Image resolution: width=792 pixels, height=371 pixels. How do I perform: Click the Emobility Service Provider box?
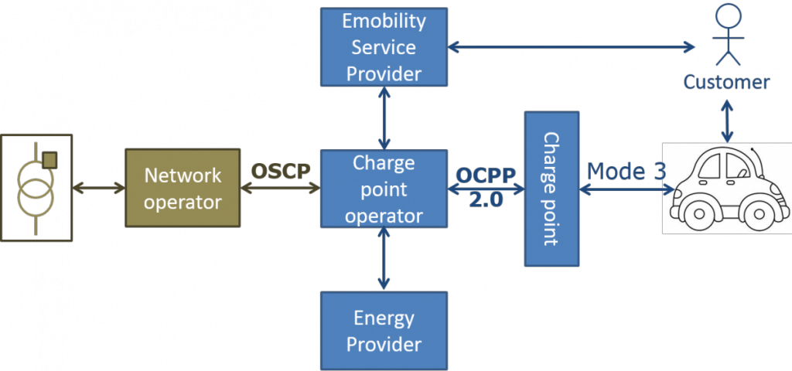384,46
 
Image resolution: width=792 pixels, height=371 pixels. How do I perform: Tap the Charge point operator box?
384,189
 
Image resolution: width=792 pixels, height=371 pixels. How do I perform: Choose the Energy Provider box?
384,330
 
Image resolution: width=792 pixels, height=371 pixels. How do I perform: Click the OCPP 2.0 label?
485,186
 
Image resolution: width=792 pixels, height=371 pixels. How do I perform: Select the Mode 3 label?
625,171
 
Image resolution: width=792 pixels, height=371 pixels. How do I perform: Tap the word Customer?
726,82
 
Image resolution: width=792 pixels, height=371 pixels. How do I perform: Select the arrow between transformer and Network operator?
98,188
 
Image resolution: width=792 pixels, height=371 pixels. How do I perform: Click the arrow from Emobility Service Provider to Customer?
572,47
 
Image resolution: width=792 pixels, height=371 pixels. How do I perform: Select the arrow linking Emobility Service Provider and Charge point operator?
384,117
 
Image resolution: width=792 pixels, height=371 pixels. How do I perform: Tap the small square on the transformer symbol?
49,160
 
